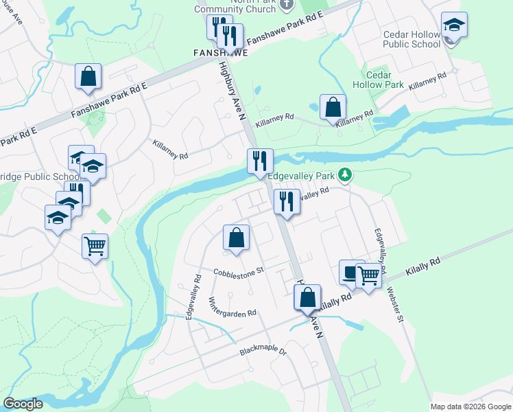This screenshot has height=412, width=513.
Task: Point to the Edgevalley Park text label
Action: click(300, 176)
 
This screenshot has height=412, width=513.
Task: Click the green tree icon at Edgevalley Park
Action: click(346, 176)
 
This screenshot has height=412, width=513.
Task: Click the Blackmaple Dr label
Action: click(263, 350)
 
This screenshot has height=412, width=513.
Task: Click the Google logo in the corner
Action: click(23, 404)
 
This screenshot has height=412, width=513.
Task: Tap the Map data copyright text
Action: click(470, 407)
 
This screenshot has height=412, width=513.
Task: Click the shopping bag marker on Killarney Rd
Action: click(333, 107)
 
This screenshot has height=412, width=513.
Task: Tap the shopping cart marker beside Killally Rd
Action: click(369, 275)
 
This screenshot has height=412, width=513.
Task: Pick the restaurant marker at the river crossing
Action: click(260, 161)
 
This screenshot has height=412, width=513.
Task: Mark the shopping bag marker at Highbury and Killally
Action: click(307, 297)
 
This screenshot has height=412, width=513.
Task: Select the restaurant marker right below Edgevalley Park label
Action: click(287, 202)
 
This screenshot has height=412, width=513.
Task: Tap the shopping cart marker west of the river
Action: click(95, 247)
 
